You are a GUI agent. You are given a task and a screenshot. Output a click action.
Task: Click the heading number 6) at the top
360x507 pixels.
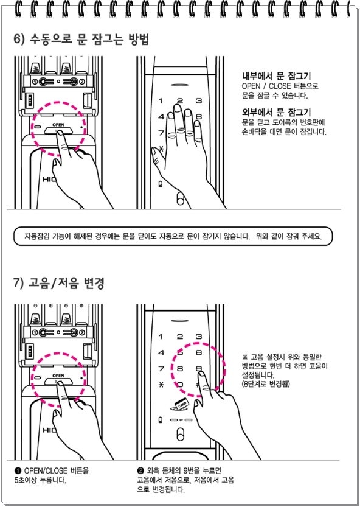point(19,39)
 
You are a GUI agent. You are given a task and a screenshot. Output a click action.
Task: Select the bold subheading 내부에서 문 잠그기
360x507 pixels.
point(276,76)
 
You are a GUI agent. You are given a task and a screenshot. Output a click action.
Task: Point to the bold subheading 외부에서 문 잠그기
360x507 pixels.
point(276,113)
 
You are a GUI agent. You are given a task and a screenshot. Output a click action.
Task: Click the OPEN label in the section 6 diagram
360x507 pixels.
point(58,125)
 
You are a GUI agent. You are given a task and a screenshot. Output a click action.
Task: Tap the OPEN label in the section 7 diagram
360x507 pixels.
point(58,376)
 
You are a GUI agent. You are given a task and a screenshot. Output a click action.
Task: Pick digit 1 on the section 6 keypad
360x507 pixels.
point(161,101)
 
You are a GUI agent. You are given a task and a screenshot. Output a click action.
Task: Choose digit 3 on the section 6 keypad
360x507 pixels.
point(199,101)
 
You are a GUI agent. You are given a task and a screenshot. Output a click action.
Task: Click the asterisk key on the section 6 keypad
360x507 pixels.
point(161,149)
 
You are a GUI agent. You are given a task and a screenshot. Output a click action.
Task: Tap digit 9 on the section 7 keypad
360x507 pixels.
point(199,368)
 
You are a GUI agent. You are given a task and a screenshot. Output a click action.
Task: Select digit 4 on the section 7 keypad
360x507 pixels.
point(161,352)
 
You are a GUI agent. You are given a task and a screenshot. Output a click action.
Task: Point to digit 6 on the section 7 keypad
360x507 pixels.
point(199,352)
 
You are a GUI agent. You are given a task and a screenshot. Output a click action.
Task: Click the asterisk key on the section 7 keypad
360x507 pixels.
point(161,385)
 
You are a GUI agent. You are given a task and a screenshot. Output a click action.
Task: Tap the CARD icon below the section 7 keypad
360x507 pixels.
point(179,405)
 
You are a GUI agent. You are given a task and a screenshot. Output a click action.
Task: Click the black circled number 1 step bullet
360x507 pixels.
point(18,470)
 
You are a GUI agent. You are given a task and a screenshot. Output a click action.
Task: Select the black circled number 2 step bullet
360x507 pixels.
point(140,470)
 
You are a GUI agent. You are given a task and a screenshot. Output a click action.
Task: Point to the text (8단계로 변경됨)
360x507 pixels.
point(266,384)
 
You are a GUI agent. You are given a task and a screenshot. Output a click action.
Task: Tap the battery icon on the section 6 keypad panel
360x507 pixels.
point(160,184)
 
